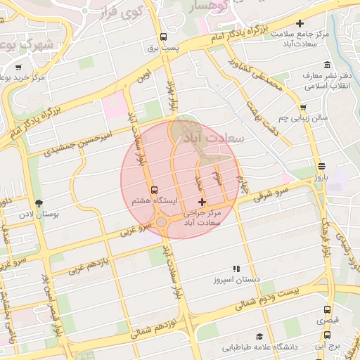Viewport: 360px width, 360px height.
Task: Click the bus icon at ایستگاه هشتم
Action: (154, 190)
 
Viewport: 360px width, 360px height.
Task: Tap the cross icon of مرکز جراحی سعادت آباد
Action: (202, 202)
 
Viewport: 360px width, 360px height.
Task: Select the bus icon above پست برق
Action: (164, 37)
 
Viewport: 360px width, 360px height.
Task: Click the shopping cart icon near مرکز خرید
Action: (18, 68)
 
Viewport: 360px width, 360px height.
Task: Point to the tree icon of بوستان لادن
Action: (39, 202)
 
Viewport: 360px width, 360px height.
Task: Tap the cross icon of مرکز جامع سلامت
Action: (300, 24)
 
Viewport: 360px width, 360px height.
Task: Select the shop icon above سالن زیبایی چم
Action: (303, 108)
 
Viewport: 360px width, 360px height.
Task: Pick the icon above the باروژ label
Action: (321, 167)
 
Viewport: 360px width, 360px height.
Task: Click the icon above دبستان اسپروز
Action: (237, 269)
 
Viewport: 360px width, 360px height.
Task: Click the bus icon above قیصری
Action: (327, 309)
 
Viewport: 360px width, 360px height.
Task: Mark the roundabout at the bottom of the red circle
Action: (162, 223)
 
